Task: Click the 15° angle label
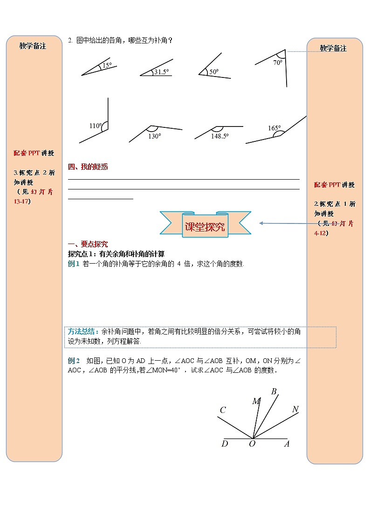(107, 65)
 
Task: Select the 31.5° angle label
(161, 72)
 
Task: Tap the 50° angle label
(214, 72)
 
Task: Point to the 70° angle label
(278, 62)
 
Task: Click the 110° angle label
(95, 126)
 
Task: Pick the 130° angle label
(154, 136)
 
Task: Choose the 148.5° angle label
(219, 136)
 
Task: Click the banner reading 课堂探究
(205, 227)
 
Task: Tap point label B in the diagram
(274, 391)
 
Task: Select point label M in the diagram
(256, 401)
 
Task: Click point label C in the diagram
(223, 411)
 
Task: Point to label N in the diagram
(295, 409)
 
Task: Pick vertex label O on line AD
(252, 444)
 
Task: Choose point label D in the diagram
(225, 444)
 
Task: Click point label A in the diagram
(287, 444)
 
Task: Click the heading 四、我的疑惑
(88, 167)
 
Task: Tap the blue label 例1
(74, 264)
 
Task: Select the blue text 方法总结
(82, 331)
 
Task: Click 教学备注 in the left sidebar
(33, 46)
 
